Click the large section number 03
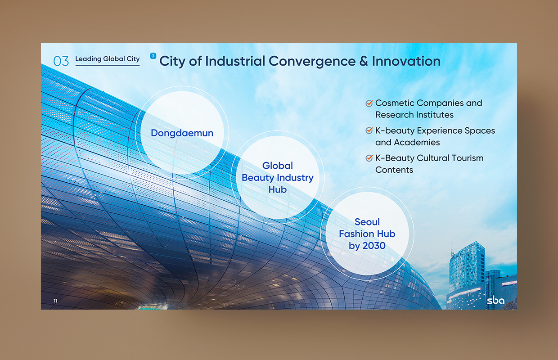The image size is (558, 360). coord(61,61)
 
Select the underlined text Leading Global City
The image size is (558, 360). coord(108,59)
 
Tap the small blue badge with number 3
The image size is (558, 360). coord(153,56)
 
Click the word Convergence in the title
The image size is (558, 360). coord(312,61)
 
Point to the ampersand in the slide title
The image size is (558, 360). coord(364,61)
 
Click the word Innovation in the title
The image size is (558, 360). coord(406,61)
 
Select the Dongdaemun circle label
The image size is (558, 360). coord(182,133)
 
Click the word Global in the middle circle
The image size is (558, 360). coord(278,166)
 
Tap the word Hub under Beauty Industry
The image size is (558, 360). coord(278,189)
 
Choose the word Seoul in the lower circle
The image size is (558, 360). coord(367,222)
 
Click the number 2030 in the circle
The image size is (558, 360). coord(374,246)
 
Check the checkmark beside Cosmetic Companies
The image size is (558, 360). coord(369,103)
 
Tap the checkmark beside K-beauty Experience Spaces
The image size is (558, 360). coord(369,130)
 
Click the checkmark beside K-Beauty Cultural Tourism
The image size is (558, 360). coord(369,158)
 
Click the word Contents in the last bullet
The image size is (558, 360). coord(394,170)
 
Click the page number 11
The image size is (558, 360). coord(55,301)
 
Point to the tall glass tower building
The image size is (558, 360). coord(467,266)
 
